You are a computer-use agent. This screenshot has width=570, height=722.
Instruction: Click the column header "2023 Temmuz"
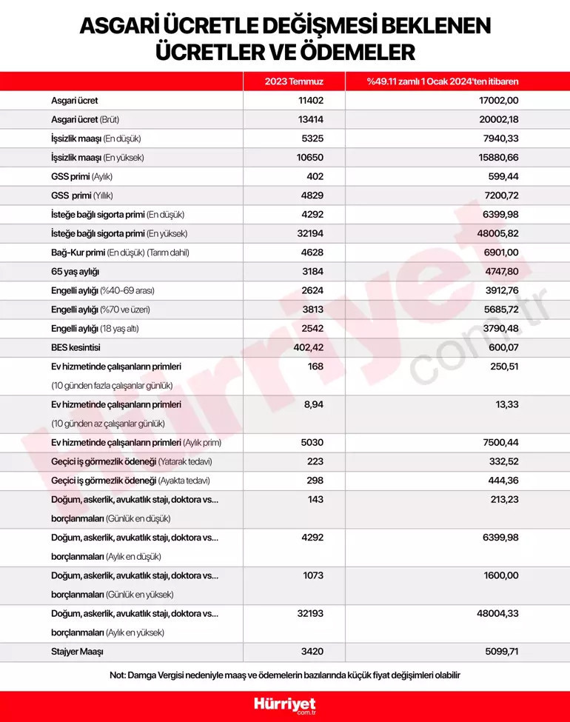click(x=294, y=81)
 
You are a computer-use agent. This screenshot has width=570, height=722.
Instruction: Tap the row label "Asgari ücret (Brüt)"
click(x=96, y=119)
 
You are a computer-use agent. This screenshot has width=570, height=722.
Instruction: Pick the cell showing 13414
click(x=311, y=119)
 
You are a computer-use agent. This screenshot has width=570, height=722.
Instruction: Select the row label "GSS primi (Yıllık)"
click(x=81, y=195)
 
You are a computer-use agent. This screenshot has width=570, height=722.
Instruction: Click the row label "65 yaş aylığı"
click(x=75, y=272)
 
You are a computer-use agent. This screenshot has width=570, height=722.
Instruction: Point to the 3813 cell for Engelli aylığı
click(x=312, y=310)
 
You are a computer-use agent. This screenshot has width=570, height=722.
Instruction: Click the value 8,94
click(x=313, y=404)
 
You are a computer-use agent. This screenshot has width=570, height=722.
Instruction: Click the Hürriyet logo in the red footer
click(x=285, y=705)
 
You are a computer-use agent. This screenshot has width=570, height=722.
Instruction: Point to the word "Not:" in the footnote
click(x=118, y=675)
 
